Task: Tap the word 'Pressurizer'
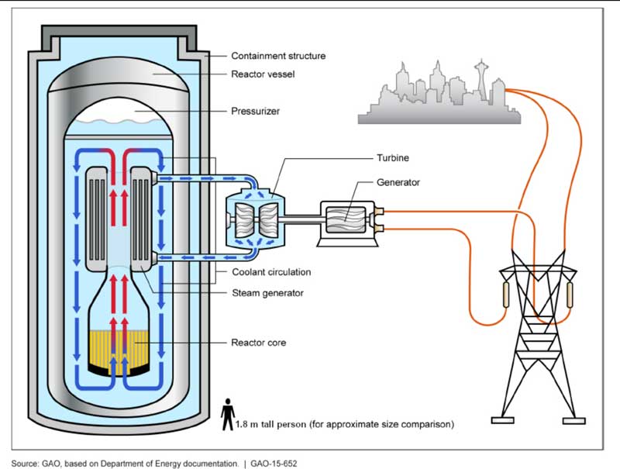pos(255,111)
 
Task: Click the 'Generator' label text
pos(398,182)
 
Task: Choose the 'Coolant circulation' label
pos(271,272)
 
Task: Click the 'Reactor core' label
pos(259,342)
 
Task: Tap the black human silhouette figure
pos(228,414)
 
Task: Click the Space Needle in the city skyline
pos(481,78)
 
